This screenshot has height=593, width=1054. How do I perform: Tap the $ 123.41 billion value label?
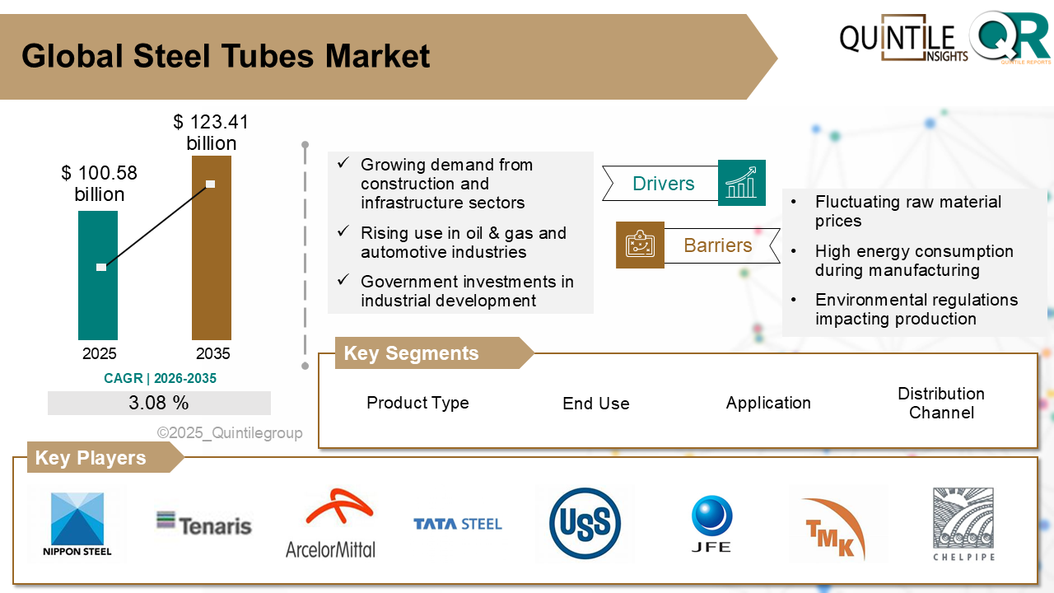pos(211,133)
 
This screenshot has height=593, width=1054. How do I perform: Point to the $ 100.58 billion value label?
pos(100,184)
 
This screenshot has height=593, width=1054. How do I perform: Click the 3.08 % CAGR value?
pos(159,403)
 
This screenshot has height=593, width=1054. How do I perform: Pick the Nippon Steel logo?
pos(77,524)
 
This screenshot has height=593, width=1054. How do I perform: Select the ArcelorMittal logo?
pos(330,524)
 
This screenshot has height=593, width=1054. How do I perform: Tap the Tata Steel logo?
pos(458,524)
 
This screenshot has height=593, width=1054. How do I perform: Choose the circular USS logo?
pos(585,524)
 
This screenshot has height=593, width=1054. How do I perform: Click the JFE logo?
pos(711,524)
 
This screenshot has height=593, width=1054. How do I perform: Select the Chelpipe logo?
pos(964,524)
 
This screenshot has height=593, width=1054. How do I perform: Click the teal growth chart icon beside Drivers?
pos(741,182)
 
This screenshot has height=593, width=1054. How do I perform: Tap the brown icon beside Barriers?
pos(640,245)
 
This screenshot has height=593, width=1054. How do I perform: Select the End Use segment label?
pos(596,404)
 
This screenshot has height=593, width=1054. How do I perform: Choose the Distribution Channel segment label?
pos(941,403)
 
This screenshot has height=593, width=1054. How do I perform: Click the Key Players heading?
pos(91,458)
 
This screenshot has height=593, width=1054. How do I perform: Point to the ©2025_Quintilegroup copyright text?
pos(230,432)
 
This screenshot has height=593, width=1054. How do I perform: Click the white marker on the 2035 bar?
pos(210,184)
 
